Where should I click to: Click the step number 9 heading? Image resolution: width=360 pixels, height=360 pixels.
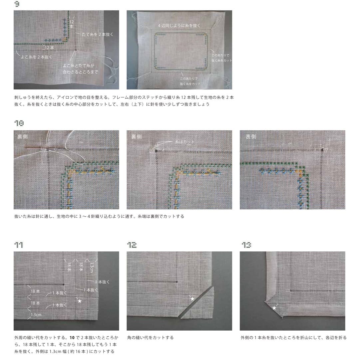[x=17, y=4]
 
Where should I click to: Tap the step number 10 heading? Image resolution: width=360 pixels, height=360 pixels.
[x=19, y=123]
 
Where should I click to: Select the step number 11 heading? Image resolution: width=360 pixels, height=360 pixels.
[x=19, y=245]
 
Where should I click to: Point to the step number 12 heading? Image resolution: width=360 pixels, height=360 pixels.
[x=132, y=245]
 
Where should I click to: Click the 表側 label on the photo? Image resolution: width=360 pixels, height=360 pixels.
[x=251, y=137]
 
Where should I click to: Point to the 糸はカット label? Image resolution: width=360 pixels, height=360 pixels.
[x=184, y=142]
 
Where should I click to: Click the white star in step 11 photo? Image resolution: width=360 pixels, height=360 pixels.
[x=79, y=301]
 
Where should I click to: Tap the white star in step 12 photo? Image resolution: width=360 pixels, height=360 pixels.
[x=192, y=299]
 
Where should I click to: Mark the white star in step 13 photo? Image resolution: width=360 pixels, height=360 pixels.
[x=274, y=308]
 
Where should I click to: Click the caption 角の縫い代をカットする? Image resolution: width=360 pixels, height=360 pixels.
[x=150, y=338]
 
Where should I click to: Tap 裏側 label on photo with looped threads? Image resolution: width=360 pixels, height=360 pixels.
[x=23, y=137]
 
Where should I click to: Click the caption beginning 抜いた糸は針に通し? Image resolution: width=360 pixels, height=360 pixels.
[x=99, y=216]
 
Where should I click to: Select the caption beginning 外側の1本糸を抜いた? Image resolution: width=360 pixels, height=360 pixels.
[x=293, y=338]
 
